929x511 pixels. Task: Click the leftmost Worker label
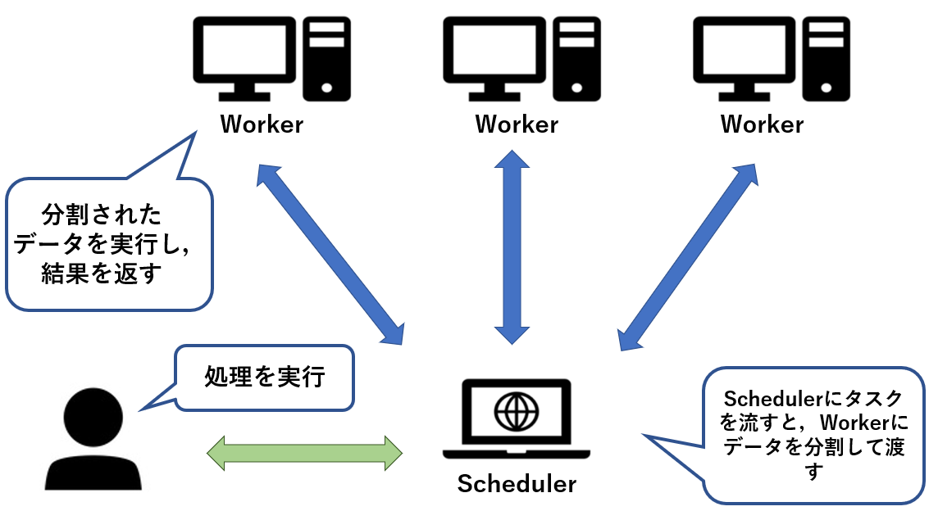tap(262, 124)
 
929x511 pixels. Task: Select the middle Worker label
tap(517, 124)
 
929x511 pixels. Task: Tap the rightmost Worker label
tap(762, 124)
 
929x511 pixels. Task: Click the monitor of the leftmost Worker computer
tap(242, 51)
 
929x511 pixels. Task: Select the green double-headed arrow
tap(304, 452)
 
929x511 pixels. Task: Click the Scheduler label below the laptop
tap(517, 483)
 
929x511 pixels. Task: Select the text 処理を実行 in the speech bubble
tap(265, 378)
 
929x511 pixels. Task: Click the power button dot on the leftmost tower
tap(327, 87)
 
